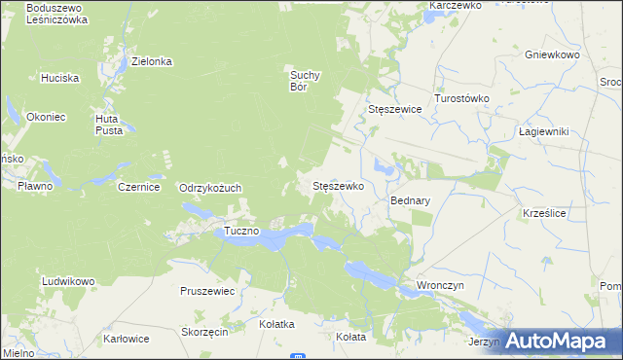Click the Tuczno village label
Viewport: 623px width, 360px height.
[241, 231]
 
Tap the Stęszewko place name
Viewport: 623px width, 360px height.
[337, 185]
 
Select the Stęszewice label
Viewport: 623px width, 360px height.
[395, 109]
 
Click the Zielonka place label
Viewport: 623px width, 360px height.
[152, 61]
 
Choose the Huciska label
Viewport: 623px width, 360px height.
[59, 77]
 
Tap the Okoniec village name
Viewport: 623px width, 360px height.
[46, 117]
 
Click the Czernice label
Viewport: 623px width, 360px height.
[138, 187]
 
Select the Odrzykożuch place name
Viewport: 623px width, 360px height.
[210, 188]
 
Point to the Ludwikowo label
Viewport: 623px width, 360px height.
[68, 281]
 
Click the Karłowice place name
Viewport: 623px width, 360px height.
[127, 340]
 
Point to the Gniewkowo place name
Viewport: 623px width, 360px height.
[552, 55]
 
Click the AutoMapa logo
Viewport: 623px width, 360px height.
[558, 341]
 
